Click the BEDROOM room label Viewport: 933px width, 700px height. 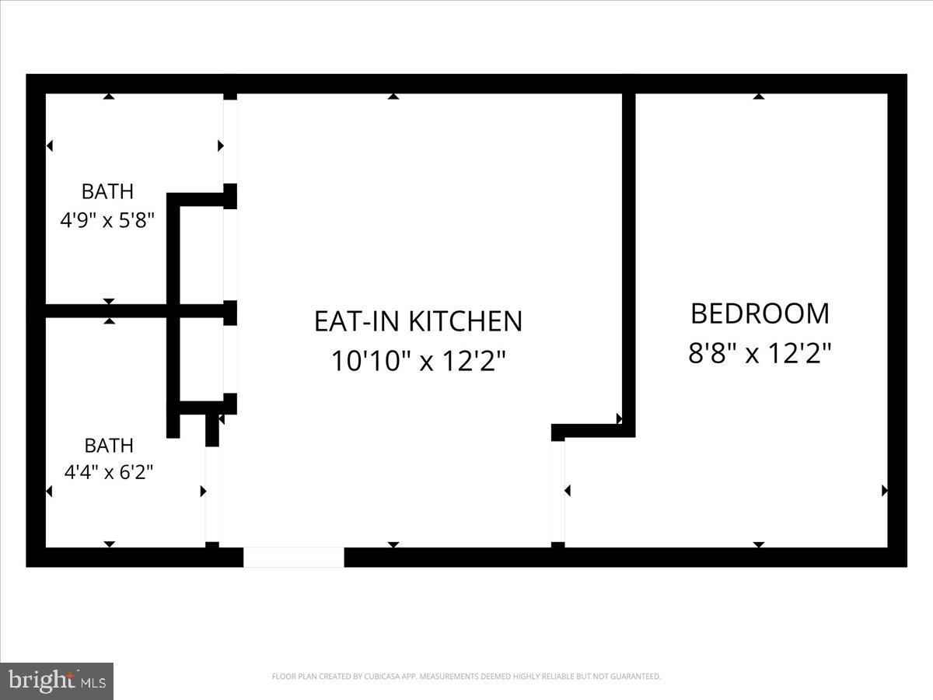[760, 313]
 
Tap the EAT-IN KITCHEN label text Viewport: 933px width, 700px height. [418, 321]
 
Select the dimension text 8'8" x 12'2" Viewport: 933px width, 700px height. [760, 354]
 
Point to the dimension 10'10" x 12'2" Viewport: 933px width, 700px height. [418, 361]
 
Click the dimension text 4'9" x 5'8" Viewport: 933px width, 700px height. [108, 220]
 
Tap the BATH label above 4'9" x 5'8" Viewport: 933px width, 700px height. [108, 191]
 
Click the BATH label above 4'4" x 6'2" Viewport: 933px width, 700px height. [109, 446]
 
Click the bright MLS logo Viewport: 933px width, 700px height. [57, 681]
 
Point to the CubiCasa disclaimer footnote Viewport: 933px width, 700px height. [466, 677]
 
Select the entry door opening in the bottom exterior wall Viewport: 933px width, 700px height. [294, 557]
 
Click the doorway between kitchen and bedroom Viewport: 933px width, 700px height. [557, 491]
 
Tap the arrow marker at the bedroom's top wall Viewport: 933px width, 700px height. [759, 96]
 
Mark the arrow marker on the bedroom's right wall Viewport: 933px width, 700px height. [885, 491]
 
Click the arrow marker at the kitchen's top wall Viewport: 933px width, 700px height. [393, 96]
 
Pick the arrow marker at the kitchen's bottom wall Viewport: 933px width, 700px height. [393, 544]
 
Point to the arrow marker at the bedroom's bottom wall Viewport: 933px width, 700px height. [759, 544]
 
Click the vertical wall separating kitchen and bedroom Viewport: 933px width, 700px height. [629, 257]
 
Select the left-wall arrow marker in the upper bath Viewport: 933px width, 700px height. [50, 145]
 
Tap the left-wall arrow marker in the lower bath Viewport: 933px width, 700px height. [50, 491]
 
